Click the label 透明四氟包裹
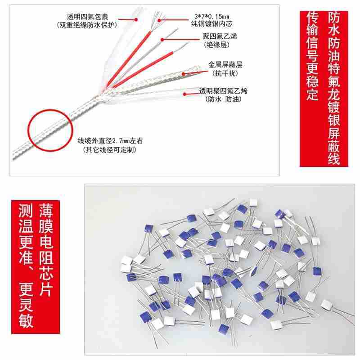87,17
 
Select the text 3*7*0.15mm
211,16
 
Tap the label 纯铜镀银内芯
211,24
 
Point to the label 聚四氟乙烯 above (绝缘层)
220,36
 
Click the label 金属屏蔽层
225,64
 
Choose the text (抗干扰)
225,73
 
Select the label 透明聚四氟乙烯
223,91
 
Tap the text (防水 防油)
223,99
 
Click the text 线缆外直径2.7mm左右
110,141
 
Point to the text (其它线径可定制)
110,150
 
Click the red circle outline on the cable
50,110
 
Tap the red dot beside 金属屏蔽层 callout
184,74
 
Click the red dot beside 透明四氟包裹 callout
136,19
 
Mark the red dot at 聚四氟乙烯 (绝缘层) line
162,40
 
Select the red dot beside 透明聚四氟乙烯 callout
184,94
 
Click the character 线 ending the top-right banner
334,158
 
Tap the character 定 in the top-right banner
313,93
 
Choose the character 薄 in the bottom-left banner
46,210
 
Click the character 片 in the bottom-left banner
46,288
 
